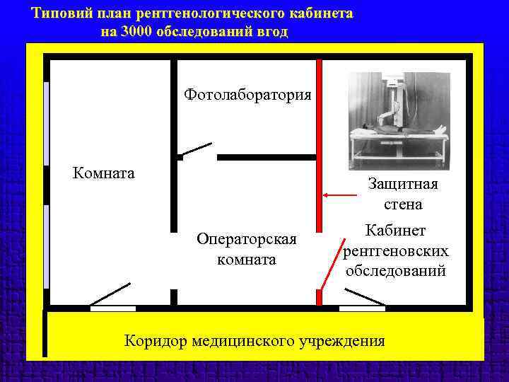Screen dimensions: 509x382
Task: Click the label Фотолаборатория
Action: coord(247,94)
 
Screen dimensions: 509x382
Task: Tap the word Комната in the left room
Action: coord(104,173)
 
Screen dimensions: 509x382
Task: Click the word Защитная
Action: coord(403,184)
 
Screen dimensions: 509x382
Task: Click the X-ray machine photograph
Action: coord(399,121)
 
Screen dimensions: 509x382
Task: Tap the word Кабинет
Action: coord(395,231)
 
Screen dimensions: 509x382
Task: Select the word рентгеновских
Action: coord(395,251)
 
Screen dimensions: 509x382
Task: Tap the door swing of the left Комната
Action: coord(110,294)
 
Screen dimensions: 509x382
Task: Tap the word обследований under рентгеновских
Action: coord(395,271)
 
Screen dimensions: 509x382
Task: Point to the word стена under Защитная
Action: coord(403,205)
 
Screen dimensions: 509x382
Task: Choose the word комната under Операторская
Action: coord(247,260)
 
